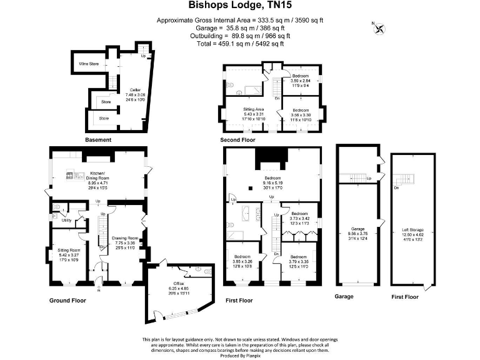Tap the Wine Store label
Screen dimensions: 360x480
88,64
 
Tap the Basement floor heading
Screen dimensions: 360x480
98,140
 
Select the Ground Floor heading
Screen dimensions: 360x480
67,301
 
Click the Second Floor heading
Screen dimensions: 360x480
238,140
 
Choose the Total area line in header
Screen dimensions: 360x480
239,44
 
